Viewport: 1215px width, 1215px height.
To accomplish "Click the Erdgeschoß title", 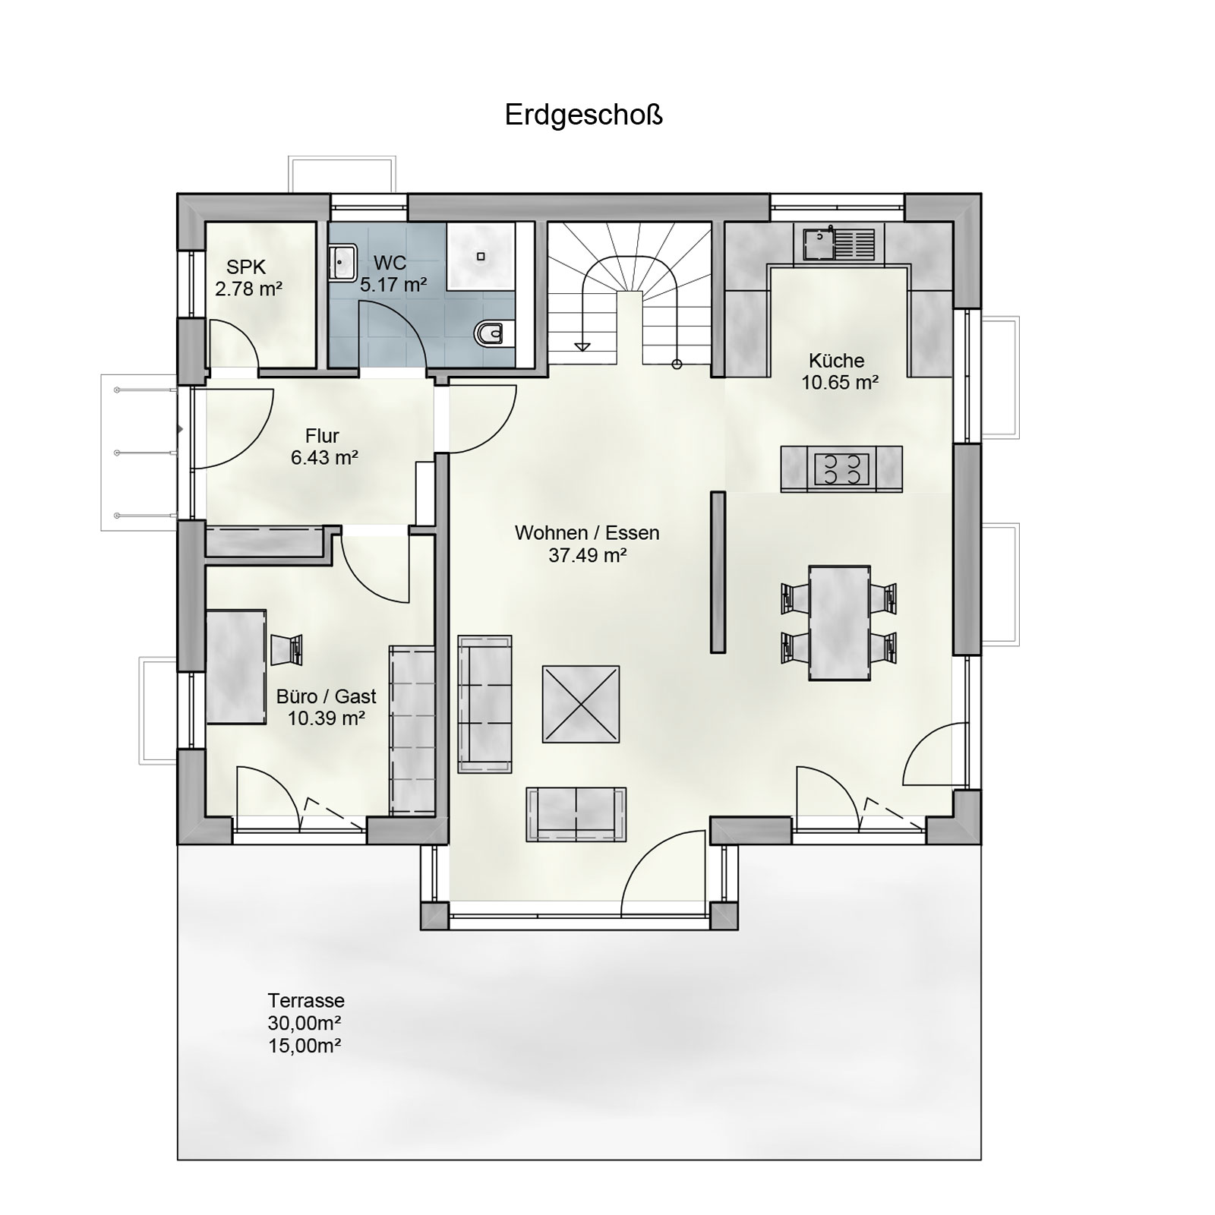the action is coord(584,115).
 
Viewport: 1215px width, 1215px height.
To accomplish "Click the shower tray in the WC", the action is coord(481,257).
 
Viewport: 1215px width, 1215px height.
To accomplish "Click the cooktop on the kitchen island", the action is coord(842,469).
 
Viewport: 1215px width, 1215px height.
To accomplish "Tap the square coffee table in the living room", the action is coord(580,704).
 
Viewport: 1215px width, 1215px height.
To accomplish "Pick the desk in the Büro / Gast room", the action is coord(236,666).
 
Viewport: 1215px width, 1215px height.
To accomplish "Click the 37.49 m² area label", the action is coord(587,556).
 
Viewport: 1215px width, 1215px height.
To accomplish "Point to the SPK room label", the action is coord(245,268).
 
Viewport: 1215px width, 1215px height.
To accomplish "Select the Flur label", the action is coord(322,437).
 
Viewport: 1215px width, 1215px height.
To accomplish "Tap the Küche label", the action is coord(836,361).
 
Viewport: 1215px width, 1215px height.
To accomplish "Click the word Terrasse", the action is coord(306,1001).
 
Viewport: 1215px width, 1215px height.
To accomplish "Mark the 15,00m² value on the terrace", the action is coord(305,1046).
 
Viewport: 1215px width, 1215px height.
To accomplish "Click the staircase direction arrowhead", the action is coord(582,347).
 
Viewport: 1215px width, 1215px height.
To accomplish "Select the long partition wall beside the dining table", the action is coord(718,572).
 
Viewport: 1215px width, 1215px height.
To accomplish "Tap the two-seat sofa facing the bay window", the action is coord(576,814).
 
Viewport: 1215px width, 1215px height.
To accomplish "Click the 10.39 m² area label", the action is coord(327,718).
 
